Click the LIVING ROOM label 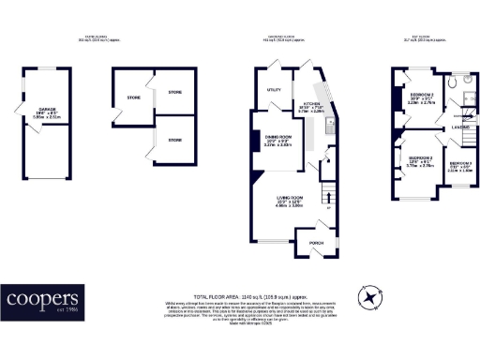click(x=289, y=197)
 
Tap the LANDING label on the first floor click(x=460, y=127)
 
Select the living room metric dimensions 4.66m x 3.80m click(x=289, y=206)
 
